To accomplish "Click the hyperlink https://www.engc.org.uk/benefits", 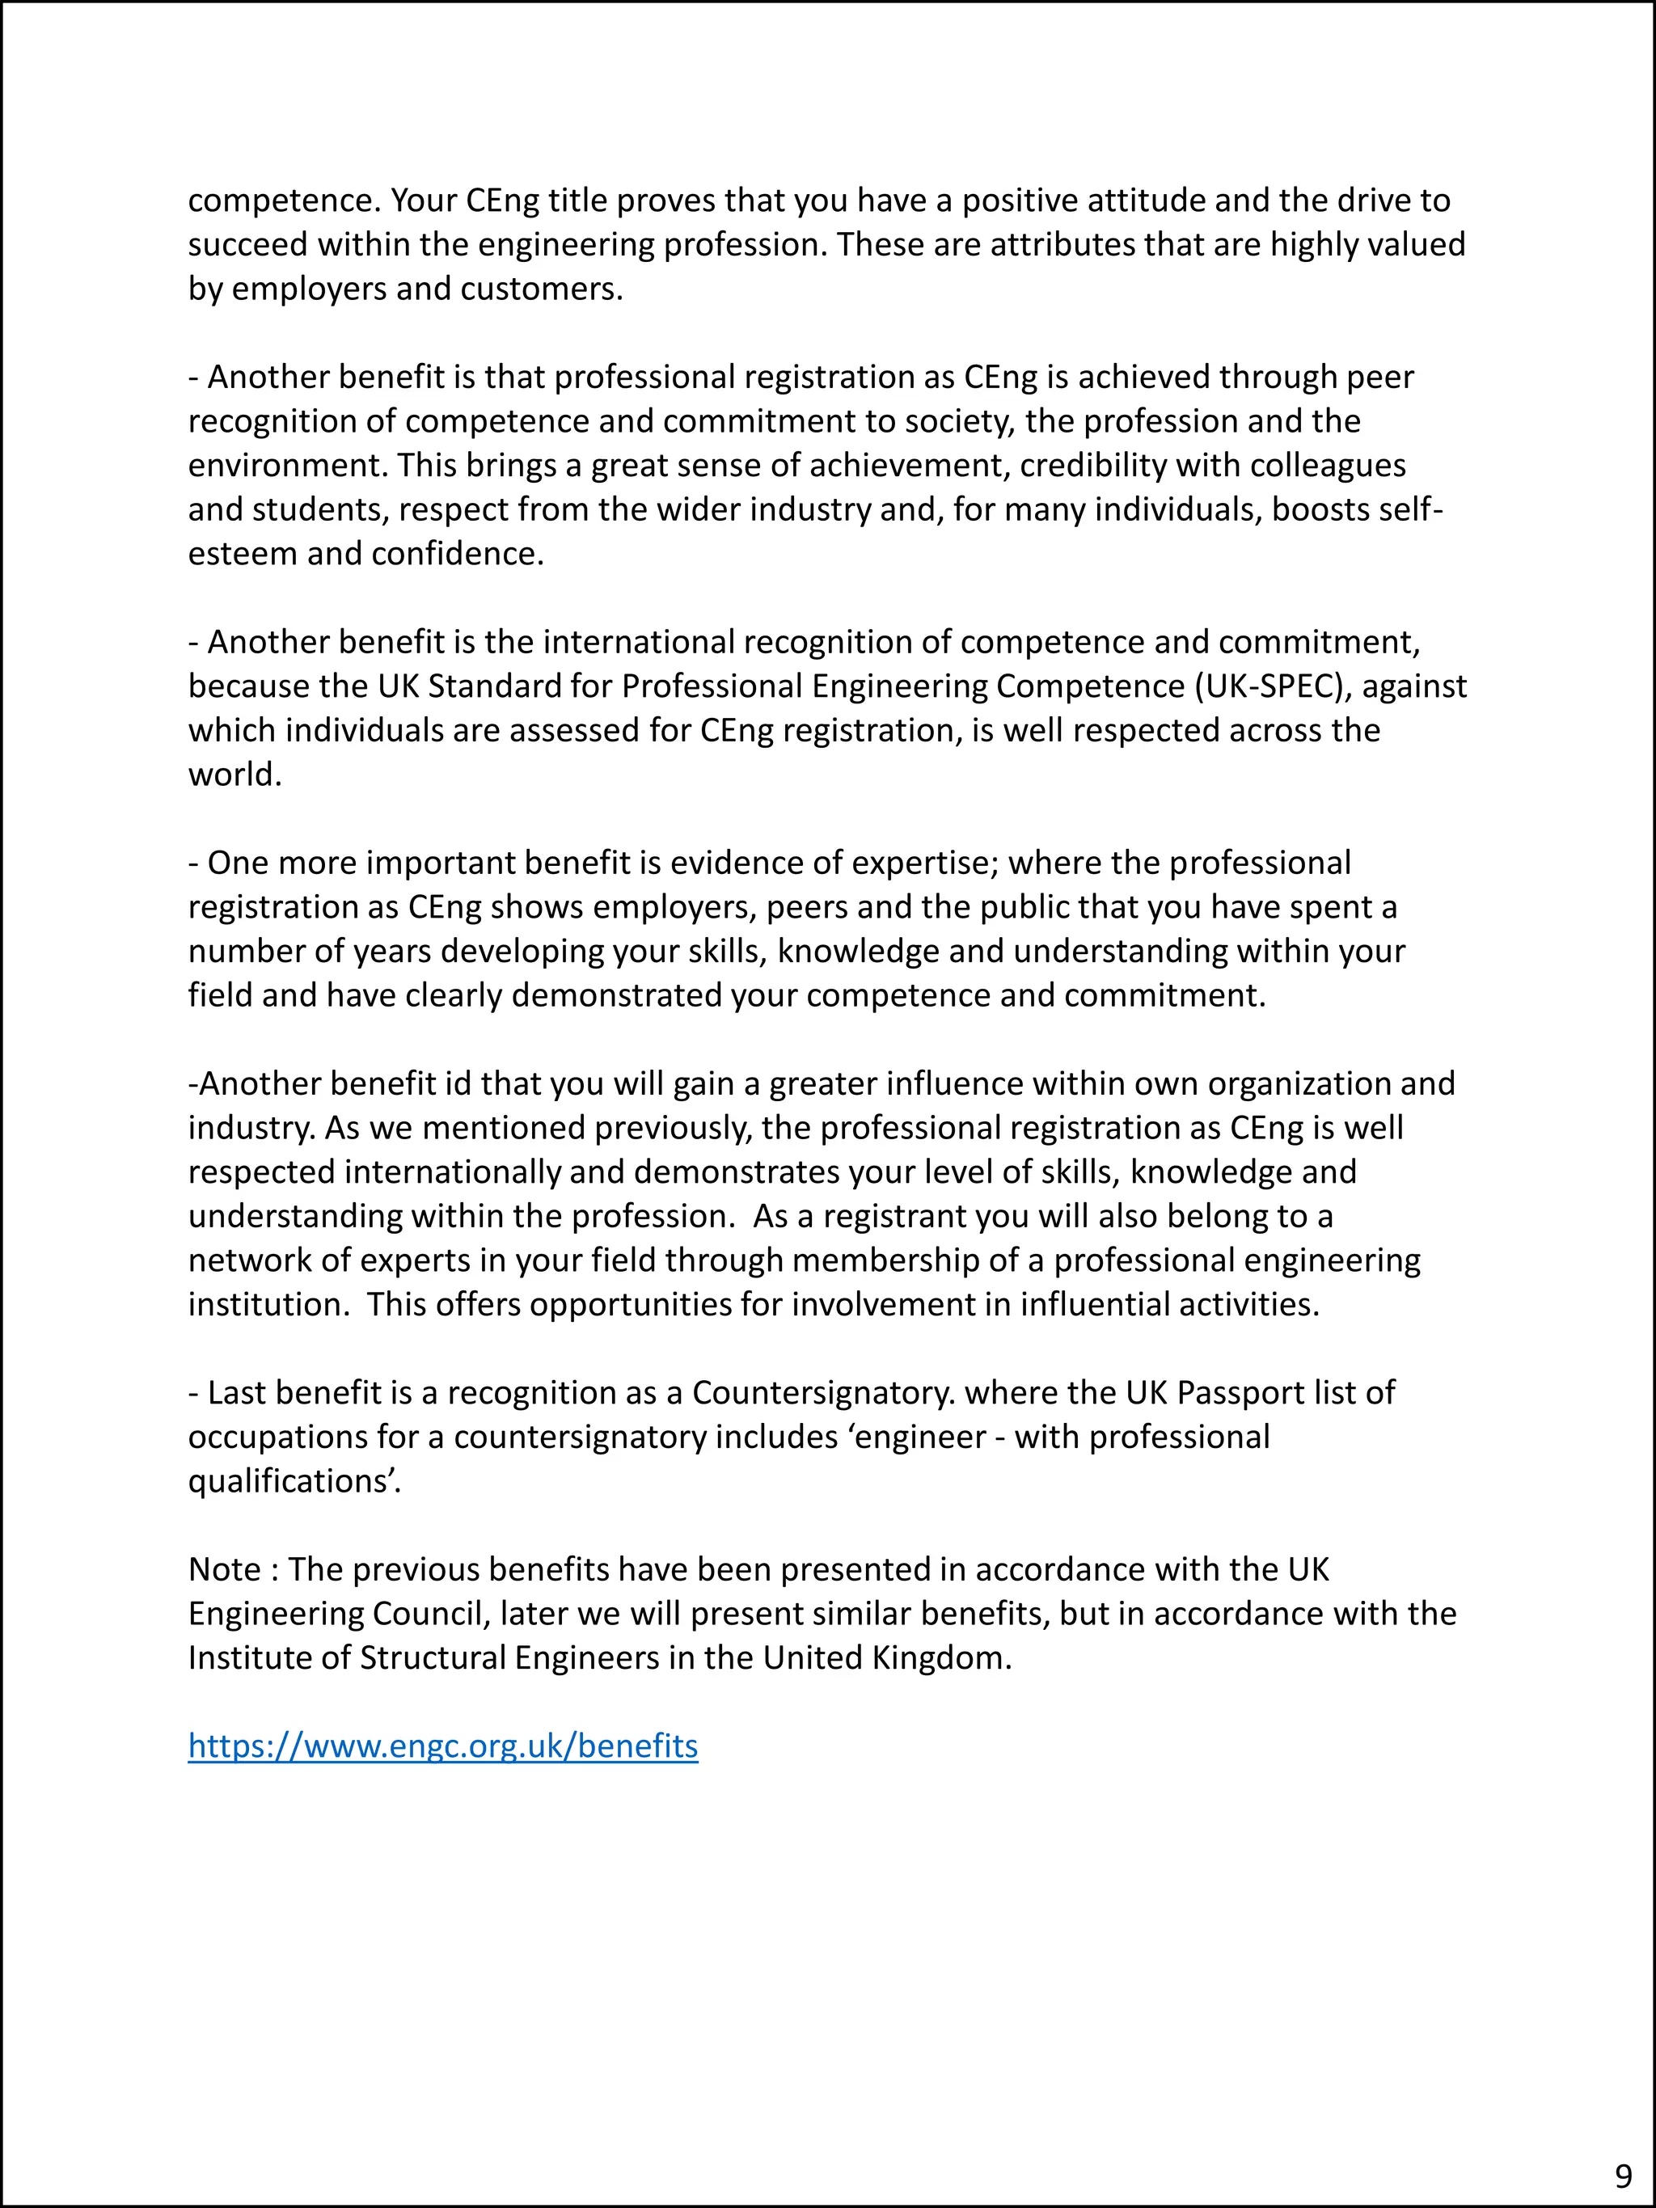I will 443,1746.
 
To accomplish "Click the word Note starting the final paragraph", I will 226,1569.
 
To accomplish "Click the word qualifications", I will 294,1481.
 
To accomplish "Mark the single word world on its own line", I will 234,775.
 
